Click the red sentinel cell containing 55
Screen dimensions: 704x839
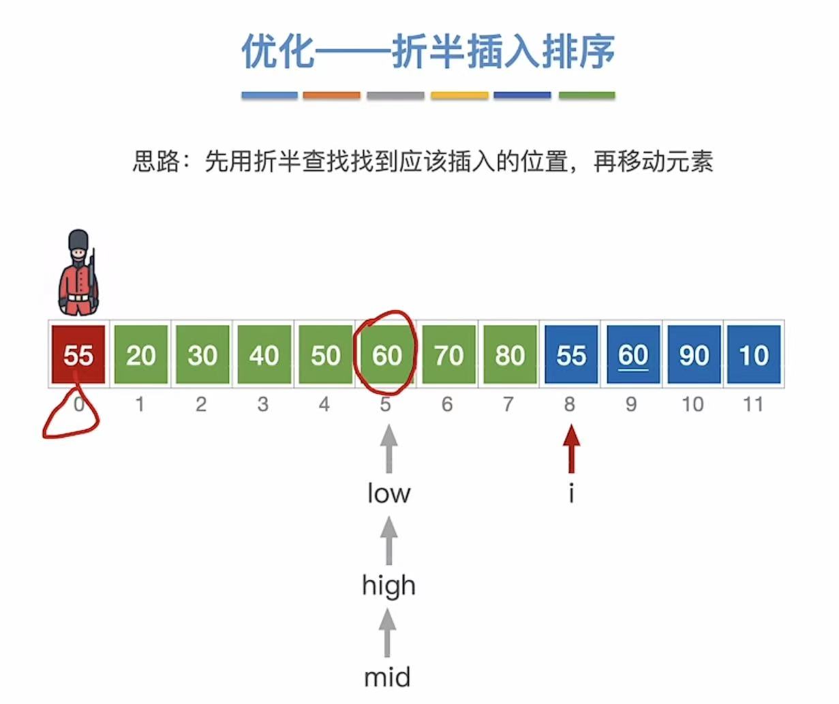point(78,355)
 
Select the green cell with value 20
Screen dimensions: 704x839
point(140,355)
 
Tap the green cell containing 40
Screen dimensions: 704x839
point(264,355)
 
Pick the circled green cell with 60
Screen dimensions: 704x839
point(386,355)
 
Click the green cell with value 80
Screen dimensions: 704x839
point(510,355)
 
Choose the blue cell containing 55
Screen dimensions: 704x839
point(571,355)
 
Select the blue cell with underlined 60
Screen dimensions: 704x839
point(632,355)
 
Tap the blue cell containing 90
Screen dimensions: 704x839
point(694,355)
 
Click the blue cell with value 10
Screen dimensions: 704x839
point(754,355)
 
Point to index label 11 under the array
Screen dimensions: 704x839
point(752,405)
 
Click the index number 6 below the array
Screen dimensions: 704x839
point(447,405)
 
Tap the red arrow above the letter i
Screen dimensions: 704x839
point(571,448)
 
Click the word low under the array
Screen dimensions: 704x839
point(388,493)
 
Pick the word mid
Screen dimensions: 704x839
point(387,677)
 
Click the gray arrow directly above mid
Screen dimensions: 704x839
point(387,632)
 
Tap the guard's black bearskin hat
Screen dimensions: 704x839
point(79,241)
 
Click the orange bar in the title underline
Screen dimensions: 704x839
point(331,96)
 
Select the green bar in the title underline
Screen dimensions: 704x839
point(587,96)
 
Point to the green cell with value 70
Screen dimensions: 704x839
point(448,355)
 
